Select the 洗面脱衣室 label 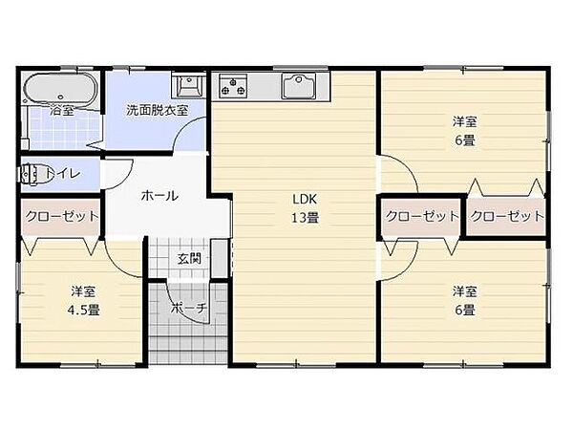tap(158, 110)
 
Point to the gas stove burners tap(234, 86)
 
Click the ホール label tap(159, 196)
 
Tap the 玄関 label tap(188, 257)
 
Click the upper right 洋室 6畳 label tap(465, 130)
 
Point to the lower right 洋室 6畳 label tap(465, 300)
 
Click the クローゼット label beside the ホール tap(62, 216)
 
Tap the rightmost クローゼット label tap(507, 216)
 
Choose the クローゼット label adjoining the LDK tap(421, 216)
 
